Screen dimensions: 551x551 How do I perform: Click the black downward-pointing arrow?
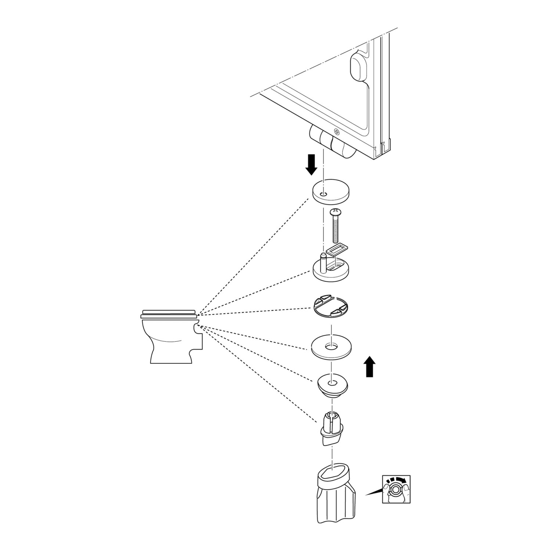312,165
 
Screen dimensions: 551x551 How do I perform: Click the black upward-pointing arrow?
370,367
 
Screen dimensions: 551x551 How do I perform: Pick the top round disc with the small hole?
331,191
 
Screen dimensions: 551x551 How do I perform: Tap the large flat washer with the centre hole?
331,346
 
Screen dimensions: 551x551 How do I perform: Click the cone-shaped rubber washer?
332,385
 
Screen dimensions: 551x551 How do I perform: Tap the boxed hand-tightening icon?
396,489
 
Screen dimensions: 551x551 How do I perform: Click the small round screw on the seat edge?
337,132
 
